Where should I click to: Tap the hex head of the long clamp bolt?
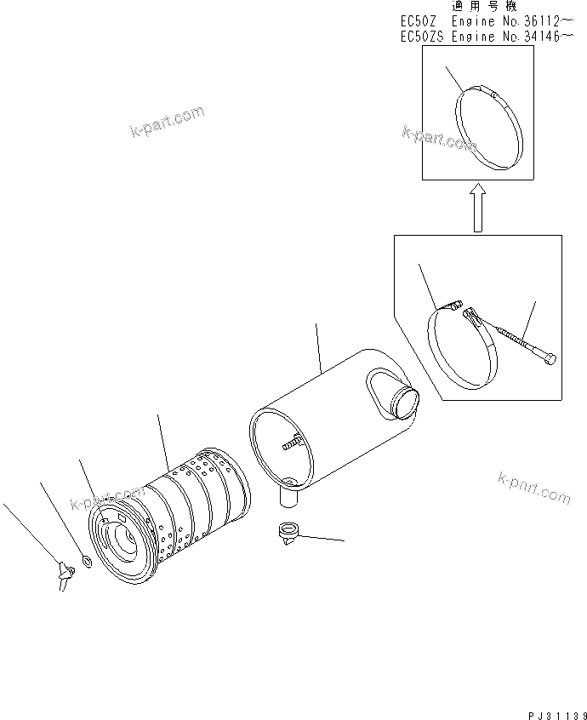click(x=549, y=360)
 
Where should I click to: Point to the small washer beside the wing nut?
click(x=86, y=562)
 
